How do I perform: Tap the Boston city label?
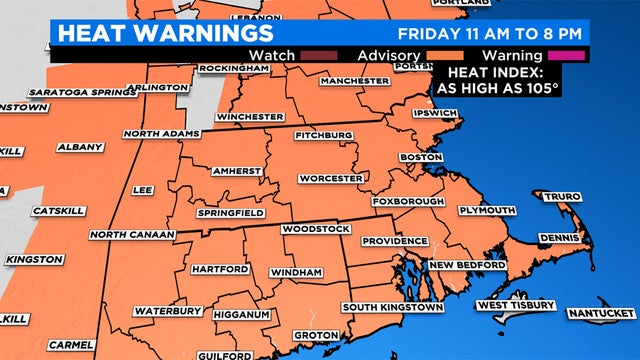(420, 158)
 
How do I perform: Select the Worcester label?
(330, 178)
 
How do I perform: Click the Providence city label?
(387, 241)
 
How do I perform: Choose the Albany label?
(74, 146)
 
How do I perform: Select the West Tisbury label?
(514, 304)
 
